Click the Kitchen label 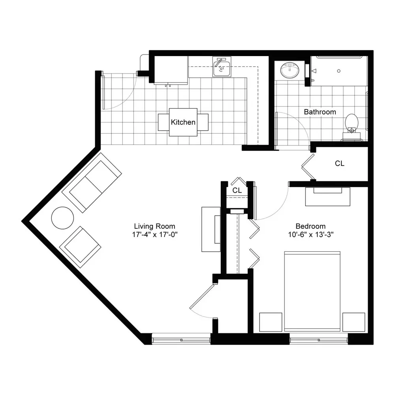click(183, 122)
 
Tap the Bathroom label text click(320, 112)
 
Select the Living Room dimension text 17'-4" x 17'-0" click(155, 235)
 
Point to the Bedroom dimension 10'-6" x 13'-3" click(310, 235)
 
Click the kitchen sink click(222, 67)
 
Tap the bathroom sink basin click(290, 70)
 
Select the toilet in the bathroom click(352, 127)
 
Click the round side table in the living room click(62, 218)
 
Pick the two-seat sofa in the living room click(92, 182)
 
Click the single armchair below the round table click(80, 247)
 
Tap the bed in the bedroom click(312, 291)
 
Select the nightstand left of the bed click(271, 322)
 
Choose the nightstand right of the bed click(354, 322)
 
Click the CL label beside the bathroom click(340, 164)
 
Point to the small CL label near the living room click(237, 190)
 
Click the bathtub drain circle click(339, 71)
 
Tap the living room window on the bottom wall click(181, 340)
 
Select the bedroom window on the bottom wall click(319, 340)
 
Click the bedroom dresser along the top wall click(328, 196)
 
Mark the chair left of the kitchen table click(164, 122)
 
